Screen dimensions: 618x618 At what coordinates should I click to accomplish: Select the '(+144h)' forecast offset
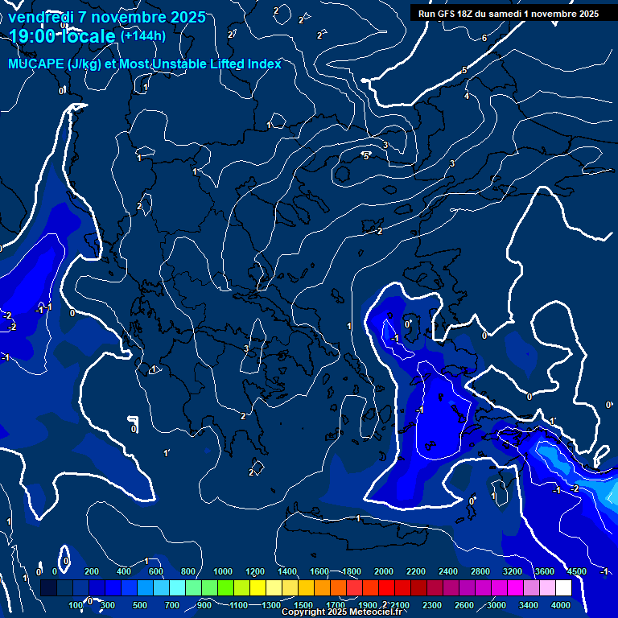tap(142, 35)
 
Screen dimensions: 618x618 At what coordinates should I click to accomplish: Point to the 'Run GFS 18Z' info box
tap(508, 14)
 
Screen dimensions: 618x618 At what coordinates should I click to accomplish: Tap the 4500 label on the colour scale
tap(576, 571)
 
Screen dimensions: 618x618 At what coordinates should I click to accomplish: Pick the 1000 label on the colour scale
tap(223, 571)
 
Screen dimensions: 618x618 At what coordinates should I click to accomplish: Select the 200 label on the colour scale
tap(91, 571)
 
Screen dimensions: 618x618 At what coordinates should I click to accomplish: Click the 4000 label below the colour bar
tap(561, 605)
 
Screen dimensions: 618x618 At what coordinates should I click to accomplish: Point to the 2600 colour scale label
tap(464, 605)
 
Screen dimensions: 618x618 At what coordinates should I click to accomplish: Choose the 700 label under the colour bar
tap(172, 605)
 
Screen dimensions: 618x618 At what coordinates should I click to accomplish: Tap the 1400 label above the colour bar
tap(287, 571)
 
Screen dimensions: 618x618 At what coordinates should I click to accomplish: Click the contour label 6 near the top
tap(484, 39)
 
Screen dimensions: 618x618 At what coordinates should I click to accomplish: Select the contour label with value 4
tap(467, 97)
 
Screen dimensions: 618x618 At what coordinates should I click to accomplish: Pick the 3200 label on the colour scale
tap(513, 571)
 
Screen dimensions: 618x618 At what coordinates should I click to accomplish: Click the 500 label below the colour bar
tap(140, 605)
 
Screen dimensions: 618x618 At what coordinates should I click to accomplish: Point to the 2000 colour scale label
tap(384, 571)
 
